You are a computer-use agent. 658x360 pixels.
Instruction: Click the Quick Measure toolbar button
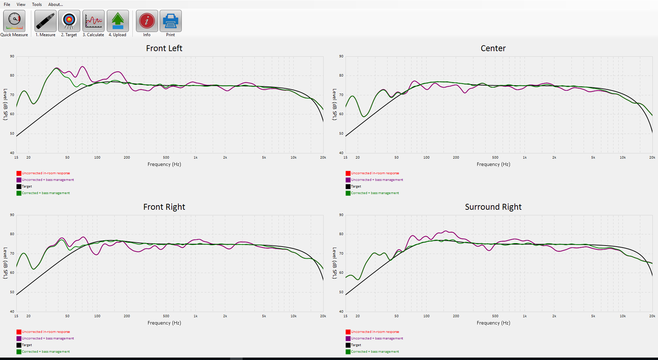click(14, 21)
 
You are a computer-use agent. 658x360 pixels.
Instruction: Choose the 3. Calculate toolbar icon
click(94, 21)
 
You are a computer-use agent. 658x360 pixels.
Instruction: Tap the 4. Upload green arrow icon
click(118, 21)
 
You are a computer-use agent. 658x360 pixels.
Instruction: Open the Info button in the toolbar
click(147, 21)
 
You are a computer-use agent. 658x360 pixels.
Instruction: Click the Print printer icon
click(170, 21)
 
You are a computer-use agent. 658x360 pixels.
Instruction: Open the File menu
click(7, 5)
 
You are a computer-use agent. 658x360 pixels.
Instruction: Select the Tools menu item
click(37, 5)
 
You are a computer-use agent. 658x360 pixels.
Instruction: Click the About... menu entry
click(56, 5)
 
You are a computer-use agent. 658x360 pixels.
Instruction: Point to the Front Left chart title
click(164, 48)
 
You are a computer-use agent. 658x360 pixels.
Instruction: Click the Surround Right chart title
click(493, 207)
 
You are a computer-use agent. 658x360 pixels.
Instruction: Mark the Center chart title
click(493, 48)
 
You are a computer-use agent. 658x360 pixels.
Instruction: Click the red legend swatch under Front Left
click(19, 173)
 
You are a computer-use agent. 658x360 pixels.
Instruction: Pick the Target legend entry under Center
click(356, 186)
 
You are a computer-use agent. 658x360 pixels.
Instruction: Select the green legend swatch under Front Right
click(19, 352)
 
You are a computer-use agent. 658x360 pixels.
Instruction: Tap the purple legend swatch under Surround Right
click(348, 338)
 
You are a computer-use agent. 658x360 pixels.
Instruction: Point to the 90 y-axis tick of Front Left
click(12, 56)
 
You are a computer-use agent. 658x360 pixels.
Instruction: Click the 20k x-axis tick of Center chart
click(652, 158)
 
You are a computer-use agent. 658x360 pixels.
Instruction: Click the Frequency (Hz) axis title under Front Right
click(164, 323)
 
